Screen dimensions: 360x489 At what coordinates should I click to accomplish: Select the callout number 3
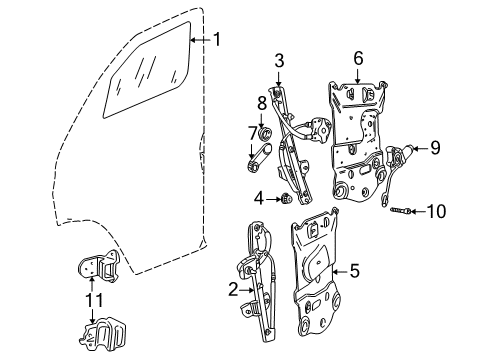(281, 59)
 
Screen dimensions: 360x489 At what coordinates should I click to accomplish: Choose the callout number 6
(359, 60)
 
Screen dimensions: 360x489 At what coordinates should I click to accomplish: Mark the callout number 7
(252, 133)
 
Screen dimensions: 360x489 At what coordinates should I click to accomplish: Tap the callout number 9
(435, 148)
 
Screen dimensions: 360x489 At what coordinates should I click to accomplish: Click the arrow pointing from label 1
(200, 41)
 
